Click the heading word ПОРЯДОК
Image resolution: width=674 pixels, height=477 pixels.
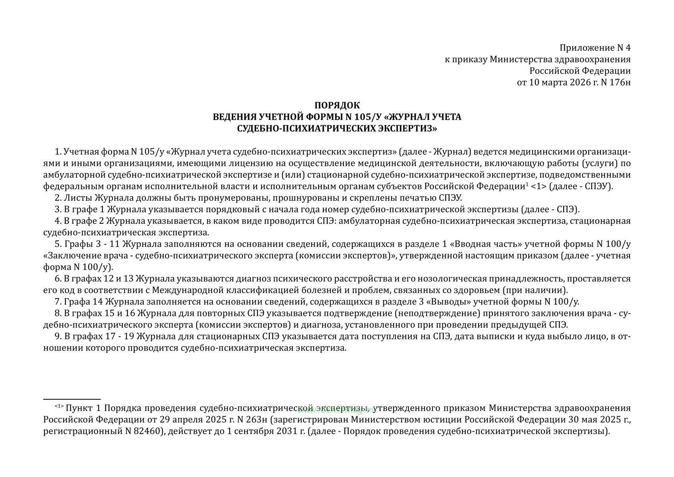point(337,105)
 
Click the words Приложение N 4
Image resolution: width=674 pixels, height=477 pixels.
point(595,48)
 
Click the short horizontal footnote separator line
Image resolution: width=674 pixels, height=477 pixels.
point(72,399)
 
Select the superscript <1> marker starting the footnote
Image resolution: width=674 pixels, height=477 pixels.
point(59,407)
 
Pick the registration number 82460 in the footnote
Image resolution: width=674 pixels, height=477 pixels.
point(148,431)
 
